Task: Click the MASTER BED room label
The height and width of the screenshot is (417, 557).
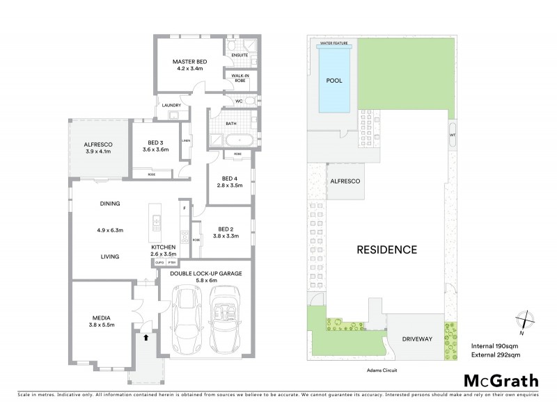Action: tap(187, 62)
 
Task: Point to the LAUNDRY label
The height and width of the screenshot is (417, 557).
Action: tap(171, 106)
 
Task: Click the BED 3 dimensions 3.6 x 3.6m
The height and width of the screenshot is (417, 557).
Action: tap(156, 149)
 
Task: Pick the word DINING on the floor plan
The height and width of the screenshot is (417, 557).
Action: tap(110, 204)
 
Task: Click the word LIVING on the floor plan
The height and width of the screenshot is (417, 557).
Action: tap(109, 256)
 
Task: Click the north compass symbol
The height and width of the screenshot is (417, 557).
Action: tap(521, 320)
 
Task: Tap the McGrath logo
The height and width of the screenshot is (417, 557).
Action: tap(500, 380)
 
